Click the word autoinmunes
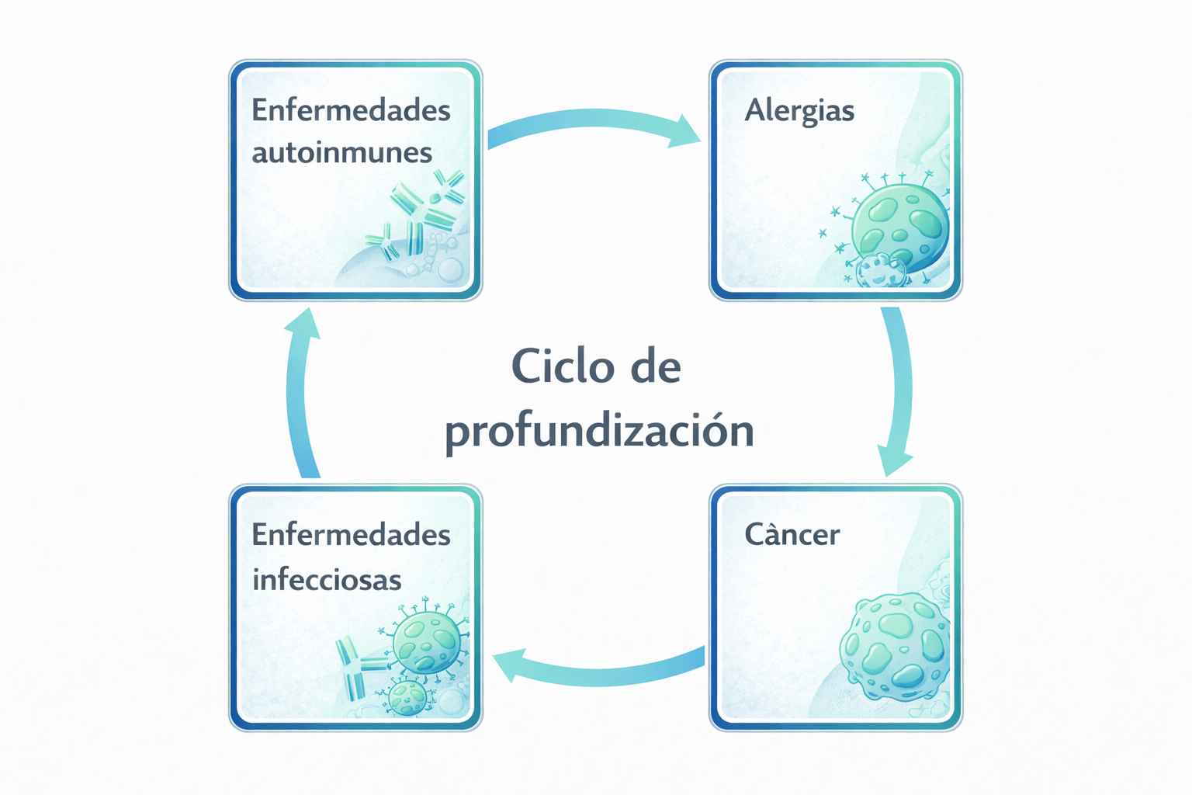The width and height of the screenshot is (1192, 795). tap(341, 152)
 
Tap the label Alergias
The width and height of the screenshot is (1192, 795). tap(799, 111)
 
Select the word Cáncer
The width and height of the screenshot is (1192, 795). tap(792, 534)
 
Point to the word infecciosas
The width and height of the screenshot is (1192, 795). tap(327, 579)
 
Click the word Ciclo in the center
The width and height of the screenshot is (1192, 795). tap(553, 366)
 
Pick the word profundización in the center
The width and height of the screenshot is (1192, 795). tap(599, 430)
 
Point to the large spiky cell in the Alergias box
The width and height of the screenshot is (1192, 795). tap(900, 225)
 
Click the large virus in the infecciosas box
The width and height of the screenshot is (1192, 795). tap(425, 641)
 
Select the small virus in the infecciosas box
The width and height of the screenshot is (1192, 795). tap(407, 696)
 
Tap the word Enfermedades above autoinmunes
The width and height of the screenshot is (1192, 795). tap(351, 110)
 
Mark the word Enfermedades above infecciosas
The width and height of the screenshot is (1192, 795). tap(351, 534)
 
